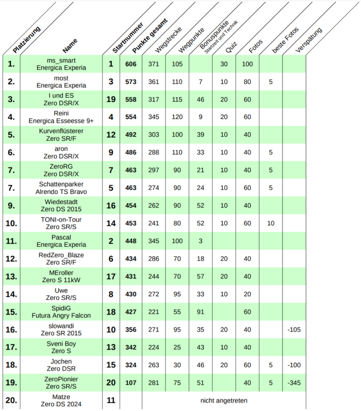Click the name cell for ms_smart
click(61, 64)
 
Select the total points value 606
click(131, 64)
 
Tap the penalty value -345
click(294, 383)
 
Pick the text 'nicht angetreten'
click(224, 401)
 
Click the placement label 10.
click(11, 223)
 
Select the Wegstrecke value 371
click(154, 64)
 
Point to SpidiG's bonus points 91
click(201, 312)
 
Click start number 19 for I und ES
click(111, 99)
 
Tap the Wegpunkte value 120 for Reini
click(177, 117)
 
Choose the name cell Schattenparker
click(61, 188)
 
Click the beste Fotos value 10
click(271, 223)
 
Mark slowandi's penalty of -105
click(294, 330)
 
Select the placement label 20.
click(11, 401)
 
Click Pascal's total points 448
click(131, 241)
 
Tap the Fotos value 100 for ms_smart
click(247, 64)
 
